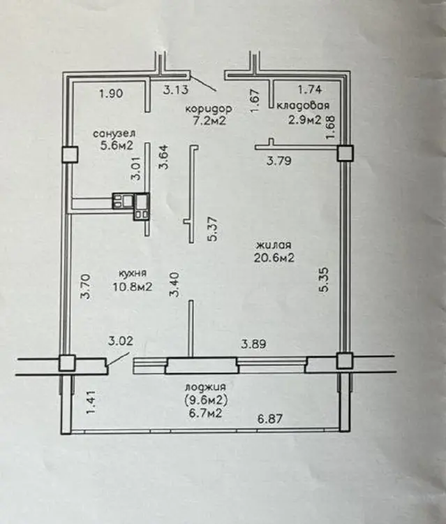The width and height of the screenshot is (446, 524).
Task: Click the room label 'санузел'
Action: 114,133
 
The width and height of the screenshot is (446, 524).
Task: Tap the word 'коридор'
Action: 209,109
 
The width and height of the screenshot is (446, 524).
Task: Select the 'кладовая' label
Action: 303,105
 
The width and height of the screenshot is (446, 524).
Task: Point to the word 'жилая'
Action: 274,245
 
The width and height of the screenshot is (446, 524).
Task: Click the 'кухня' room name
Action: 133,273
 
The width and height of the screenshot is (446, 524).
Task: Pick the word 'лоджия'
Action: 205,387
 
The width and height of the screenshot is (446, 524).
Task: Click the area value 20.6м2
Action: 274,258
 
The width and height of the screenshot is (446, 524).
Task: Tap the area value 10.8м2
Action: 133,286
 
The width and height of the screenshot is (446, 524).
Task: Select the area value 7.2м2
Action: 209,120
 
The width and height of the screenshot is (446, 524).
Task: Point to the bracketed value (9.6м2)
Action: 206,400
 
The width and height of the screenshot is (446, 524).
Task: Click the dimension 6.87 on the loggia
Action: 269,419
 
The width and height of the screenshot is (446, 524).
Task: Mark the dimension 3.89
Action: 254,344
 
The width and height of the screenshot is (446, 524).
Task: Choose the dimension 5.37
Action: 213,229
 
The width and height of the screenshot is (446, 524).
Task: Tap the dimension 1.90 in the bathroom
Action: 111,93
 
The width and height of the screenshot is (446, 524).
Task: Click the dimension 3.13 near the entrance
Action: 176,89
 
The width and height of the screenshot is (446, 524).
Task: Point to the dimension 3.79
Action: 279,161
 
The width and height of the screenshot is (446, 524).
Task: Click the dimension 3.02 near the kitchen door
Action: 121,341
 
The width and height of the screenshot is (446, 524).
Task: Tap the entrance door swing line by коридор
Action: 203,84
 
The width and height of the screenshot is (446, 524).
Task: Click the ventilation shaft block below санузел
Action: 131,206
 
